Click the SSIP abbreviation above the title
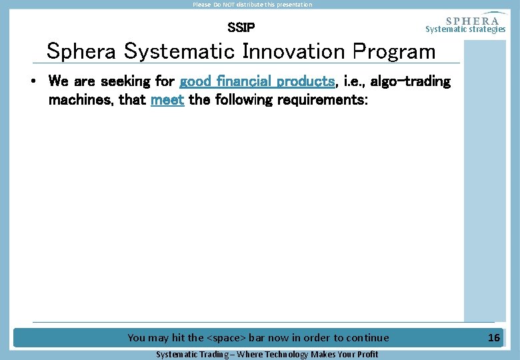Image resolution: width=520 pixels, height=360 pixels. (x=241, y=28)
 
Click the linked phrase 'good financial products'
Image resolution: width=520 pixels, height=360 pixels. (x=257, y=81)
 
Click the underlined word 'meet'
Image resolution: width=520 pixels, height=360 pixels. (x=167, y=100)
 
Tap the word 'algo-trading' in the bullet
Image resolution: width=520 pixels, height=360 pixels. (x=409, y=81)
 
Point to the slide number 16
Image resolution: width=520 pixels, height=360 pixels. (x=493, y=338)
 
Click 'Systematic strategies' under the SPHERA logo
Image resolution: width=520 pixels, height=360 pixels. (x=465, y=29)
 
